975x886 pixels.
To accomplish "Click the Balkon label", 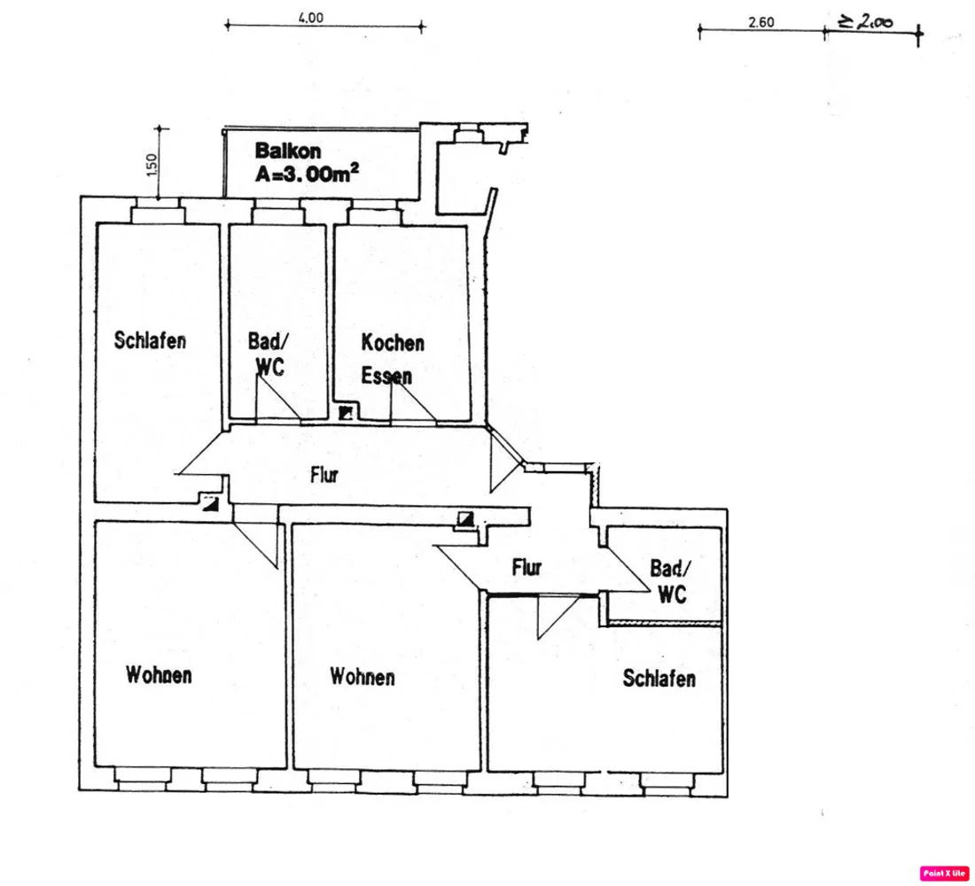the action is [x=288, y=151].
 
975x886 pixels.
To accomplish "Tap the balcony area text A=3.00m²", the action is [x=308, y=174].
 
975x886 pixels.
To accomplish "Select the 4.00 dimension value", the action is [x=311, y=18].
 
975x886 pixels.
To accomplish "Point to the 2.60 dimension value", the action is [x=761, y=22].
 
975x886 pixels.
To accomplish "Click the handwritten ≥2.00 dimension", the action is [x=866, y=22].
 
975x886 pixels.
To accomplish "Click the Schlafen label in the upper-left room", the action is [x=150, y=340].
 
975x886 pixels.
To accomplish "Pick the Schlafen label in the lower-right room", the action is [x=659, y=679].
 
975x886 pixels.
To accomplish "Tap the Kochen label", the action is [x=393, y=343].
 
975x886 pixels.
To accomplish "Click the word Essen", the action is [x=386, y=376].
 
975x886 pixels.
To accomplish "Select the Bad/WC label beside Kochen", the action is [x=269, y=354].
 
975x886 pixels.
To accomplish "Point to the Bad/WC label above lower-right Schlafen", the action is [x=671, y=581].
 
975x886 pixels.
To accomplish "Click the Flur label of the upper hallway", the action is [x=324, y=475].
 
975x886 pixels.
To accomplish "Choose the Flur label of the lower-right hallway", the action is [x=526, y=567].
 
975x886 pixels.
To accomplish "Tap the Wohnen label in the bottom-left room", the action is [x=159, y=674].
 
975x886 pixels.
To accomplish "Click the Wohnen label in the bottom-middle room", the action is [x=363, y=677].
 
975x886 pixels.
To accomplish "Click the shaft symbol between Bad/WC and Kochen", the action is [x=346, y=413].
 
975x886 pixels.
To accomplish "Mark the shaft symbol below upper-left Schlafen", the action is [x=211, y=503].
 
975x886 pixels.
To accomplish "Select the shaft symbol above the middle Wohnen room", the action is [x=465, y=518].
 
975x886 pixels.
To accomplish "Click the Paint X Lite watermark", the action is [x=944, y=873].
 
